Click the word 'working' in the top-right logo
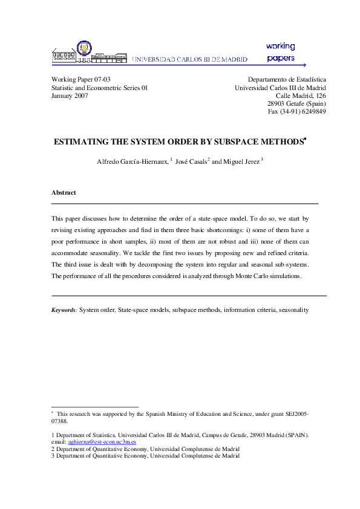pyautogui.click(x=280, y=46)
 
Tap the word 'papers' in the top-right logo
pyautogui.click(x=281, y=59)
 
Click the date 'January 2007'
pyautogui.click(x=70, y=96)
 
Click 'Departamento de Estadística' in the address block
pyautogui.click(x=287, y=79)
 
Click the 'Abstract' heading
pyautogui.click(x=64, y=192)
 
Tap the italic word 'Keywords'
pyautogui.click(x=64, y=310)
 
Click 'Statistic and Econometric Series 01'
pyautogui.click(x=99, y=88)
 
